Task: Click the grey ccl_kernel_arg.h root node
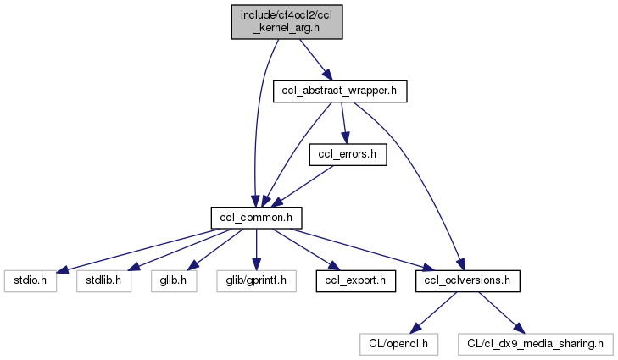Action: coord(287,19)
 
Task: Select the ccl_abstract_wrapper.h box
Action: coord(340,91)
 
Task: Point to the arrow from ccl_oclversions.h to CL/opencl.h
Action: coord(428,311)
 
